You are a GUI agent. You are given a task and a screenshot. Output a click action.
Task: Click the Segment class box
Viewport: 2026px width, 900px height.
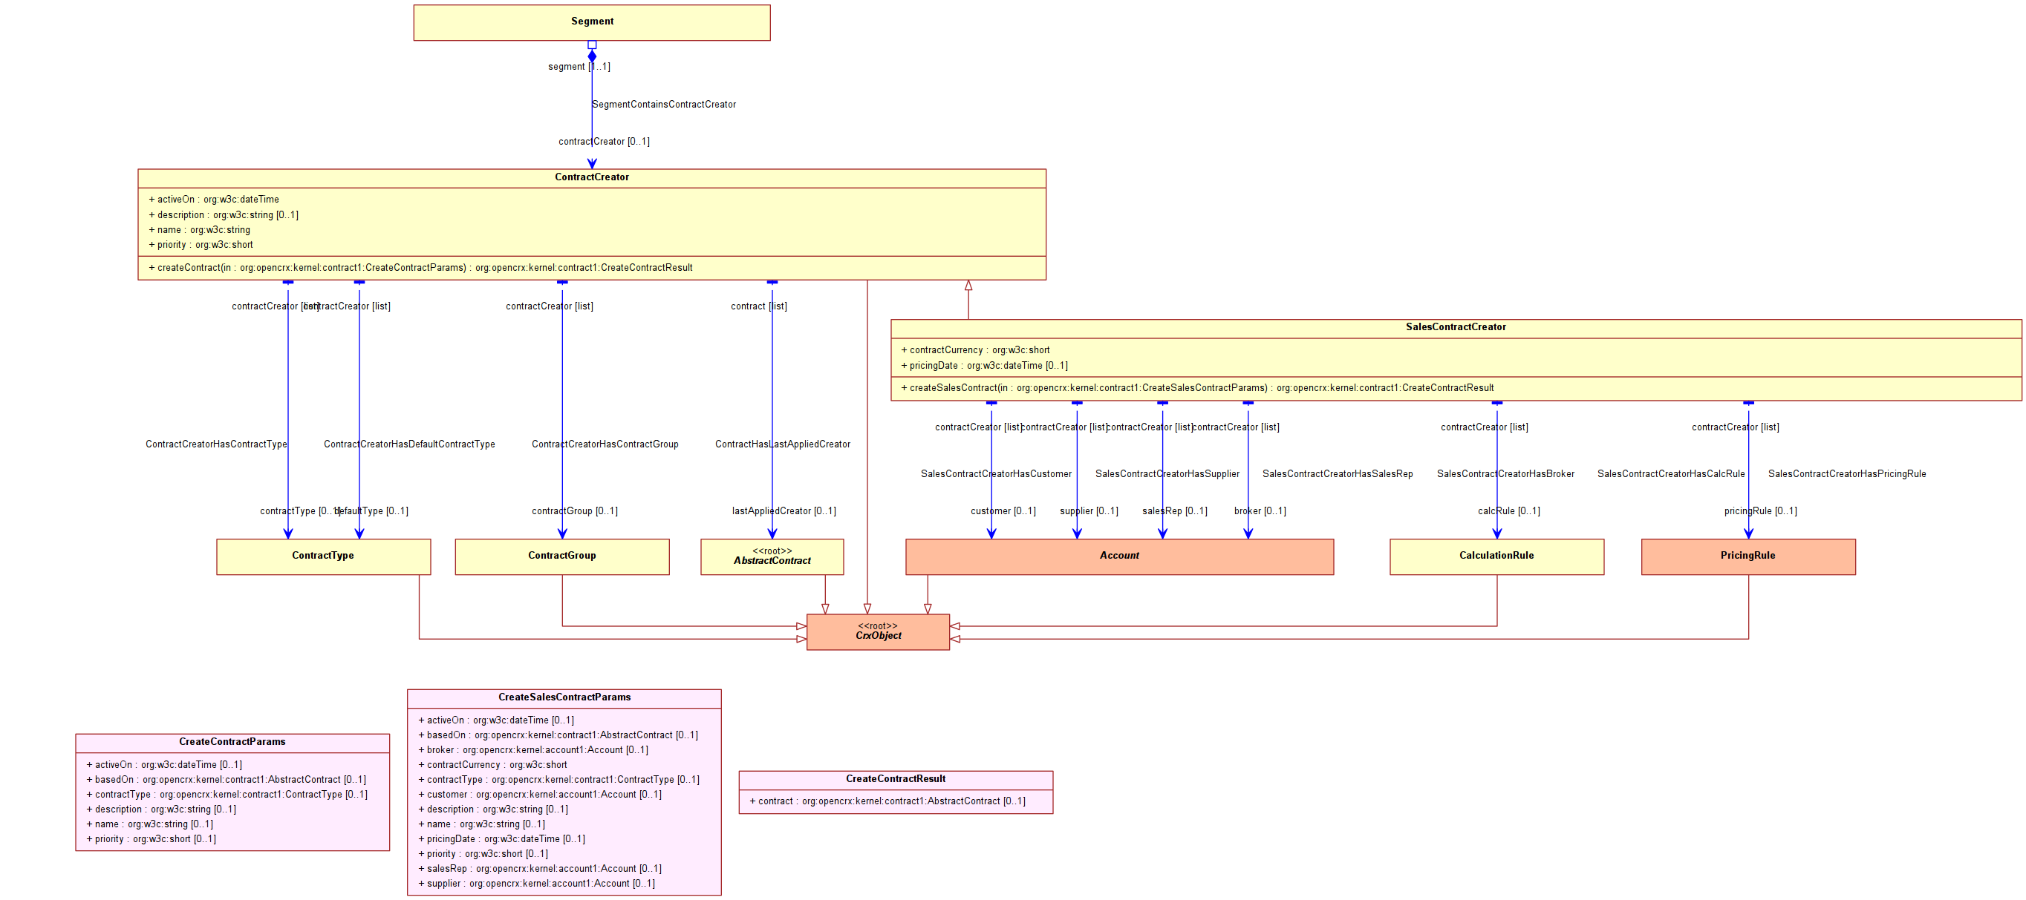pos(591,22)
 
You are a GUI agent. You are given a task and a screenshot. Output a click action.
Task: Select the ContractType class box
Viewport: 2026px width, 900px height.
pos(323,556)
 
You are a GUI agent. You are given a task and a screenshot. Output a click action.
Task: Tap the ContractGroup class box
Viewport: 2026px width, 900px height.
pos(561,556)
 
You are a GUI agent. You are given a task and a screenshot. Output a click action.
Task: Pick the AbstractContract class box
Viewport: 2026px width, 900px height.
pos(772,556)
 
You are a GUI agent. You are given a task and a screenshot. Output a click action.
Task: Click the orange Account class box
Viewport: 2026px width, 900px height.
pos(1118,556)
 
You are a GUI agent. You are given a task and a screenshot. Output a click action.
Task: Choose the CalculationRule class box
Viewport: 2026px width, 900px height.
pos(1496,556)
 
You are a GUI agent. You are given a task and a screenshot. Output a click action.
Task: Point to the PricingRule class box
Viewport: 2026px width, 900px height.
pos(1747,556)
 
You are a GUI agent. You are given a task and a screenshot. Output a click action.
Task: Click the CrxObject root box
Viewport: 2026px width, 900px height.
pos(878,632)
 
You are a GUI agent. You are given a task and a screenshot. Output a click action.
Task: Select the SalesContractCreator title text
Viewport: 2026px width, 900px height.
pos(1455,327)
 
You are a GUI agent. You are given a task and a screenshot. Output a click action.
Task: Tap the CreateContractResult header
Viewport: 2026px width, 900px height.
pos(895,779)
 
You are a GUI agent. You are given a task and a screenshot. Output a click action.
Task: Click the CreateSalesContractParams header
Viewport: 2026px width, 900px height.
pos(564,697)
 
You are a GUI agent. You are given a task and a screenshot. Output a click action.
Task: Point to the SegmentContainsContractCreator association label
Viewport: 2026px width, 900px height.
pos(664,105)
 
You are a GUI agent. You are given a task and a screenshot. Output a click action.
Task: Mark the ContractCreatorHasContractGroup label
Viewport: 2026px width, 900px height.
pos(605,444)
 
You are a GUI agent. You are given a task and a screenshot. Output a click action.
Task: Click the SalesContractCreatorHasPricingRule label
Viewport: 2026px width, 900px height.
pos(1847,474)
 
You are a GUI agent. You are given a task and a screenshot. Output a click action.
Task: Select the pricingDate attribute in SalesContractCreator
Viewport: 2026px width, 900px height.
pos(988,366)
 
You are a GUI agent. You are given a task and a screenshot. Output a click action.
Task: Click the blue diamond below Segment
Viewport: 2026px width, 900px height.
pos(591,56)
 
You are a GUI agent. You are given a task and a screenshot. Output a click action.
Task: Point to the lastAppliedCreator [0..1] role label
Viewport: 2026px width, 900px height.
pos(784,511)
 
